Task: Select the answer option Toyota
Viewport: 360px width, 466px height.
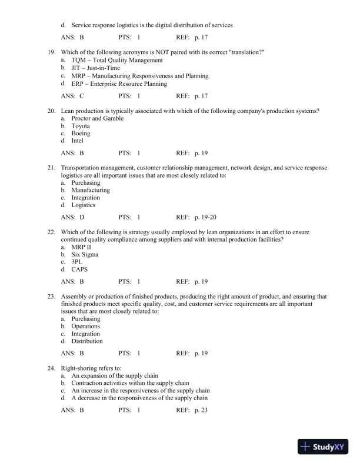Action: pos(81,126)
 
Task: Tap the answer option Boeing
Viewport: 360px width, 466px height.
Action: pos(81,134)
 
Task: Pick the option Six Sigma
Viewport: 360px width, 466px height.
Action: pos(85,255)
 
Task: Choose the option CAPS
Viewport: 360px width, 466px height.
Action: pos(80,270)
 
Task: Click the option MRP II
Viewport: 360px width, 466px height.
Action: pos(81,247)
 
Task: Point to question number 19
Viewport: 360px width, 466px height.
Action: pos(51,52)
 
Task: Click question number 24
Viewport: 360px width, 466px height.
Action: pos(51,368)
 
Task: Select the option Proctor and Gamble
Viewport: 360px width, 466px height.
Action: pos(97,118)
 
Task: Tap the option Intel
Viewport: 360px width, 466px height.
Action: pos(78,141)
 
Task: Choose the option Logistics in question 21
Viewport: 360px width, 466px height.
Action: pos(84,205)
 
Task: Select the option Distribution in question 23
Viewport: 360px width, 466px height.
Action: pos(87,341)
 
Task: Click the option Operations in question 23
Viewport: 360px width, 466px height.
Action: pos(86,326)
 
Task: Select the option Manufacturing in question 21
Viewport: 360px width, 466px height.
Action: pos(91,190)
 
